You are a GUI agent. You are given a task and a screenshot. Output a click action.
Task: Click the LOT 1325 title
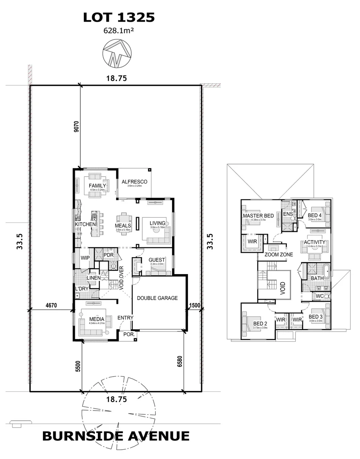point(118,17)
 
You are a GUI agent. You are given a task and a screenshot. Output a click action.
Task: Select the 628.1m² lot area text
point(118,31)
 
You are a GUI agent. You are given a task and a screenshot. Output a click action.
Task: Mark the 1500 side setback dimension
point(195,305)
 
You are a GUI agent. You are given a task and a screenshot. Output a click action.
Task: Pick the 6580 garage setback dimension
point(180,361)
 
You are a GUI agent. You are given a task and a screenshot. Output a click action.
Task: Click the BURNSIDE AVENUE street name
point(116,436)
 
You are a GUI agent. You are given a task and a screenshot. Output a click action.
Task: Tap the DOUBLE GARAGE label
point(157,298)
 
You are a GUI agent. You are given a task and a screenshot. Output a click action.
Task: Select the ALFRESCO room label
point(134,182)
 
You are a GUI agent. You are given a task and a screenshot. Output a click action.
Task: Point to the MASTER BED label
point(258,216)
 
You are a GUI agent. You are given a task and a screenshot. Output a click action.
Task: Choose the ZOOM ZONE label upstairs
point(278,255)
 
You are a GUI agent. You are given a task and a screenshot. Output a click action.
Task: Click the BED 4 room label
point(315,215)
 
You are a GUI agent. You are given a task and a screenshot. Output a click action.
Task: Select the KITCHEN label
point(85,224)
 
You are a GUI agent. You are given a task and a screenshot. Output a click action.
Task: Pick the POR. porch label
point(129,335)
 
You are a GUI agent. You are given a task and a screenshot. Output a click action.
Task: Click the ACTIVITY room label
point(315,242)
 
